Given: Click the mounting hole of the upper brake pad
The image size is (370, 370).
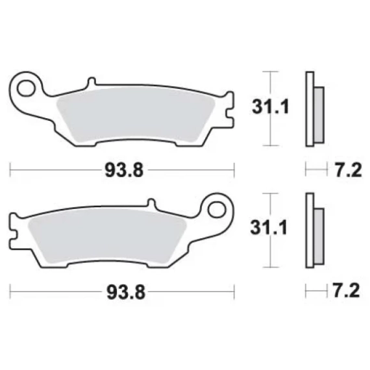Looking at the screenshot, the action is [x=26, y=88].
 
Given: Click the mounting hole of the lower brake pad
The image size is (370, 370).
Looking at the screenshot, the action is [x=217, y=210].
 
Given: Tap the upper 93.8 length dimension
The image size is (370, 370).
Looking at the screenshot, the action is [x=124, y=170].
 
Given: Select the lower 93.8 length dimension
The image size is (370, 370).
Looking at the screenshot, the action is [x=126, y=292].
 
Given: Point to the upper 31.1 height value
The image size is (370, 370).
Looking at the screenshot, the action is [x=271, y=107].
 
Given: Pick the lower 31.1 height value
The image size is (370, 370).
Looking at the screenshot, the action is [x=269, y=228].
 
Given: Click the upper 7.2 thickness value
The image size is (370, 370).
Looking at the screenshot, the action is [x=348, y=170].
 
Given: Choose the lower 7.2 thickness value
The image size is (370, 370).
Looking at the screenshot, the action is [x=347, y=291].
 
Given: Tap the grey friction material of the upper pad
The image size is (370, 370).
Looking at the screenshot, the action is [x=136, y=115].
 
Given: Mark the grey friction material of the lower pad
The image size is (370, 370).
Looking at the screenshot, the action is [x=107, y=237].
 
